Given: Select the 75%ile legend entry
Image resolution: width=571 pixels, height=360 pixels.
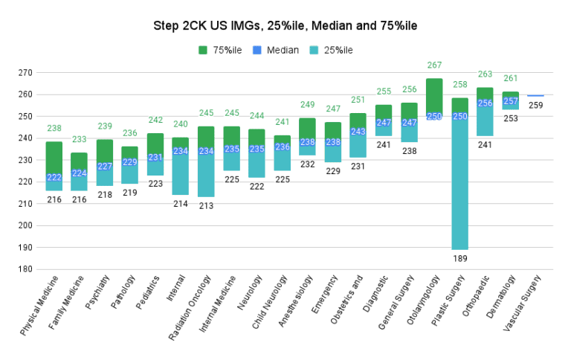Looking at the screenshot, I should coord(223,50).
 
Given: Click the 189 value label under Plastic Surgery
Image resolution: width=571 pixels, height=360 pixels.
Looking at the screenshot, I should coord(460,258).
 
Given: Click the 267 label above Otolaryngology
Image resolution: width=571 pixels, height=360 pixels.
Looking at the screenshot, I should coord(434,65).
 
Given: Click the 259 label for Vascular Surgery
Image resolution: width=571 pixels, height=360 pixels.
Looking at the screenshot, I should coord(535,105).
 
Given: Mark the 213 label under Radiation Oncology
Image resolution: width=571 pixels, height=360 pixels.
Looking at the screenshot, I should coord(206,206).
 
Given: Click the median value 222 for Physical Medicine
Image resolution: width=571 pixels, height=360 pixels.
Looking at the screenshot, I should coord(54,178).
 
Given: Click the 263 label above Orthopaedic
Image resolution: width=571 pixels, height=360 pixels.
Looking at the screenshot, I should coord(485,74).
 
